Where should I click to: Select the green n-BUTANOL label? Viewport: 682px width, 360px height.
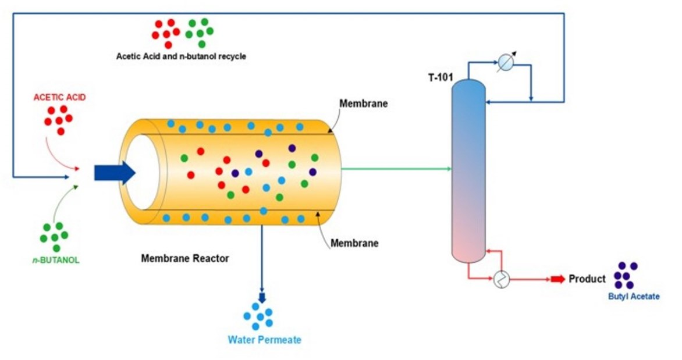click(56, 260)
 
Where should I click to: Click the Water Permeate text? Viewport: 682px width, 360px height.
click(265, 340)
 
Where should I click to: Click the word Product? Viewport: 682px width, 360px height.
click(587, 279)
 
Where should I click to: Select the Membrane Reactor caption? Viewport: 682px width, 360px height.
click(185, 258)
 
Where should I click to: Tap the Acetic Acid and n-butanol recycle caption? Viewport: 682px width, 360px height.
click(181, 56)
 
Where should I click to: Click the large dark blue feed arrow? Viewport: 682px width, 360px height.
click(115, 172)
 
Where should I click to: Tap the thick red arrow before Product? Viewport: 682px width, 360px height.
click(557, 280)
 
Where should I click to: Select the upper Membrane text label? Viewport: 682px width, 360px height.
click(363, 104)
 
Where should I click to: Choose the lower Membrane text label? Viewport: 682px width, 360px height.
click(354, 243)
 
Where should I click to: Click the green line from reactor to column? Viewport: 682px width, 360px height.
click(396, 169)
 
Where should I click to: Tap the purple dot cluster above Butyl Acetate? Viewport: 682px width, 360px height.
click(626, 275)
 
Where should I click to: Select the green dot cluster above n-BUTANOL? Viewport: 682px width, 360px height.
click(54, 236)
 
